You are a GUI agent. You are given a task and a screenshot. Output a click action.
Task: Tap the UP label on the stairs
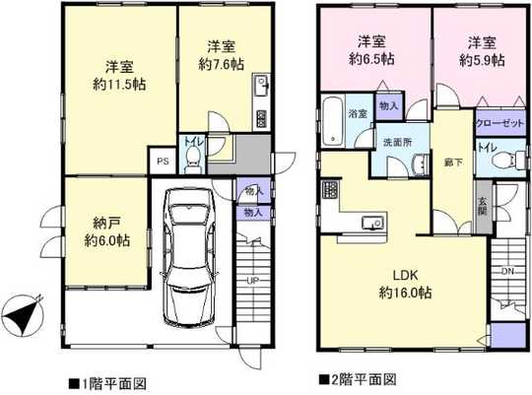(x=253, y=281)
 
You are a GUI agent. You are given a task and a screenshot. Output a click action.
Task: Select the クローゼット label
(x=499, y=125)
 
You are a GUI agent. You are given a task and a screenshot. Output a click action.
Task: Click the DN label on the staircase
(x=507, y=270)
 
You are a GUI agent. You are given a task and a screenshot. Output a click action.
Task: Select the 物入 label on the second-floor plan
(x=389, y=105)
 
